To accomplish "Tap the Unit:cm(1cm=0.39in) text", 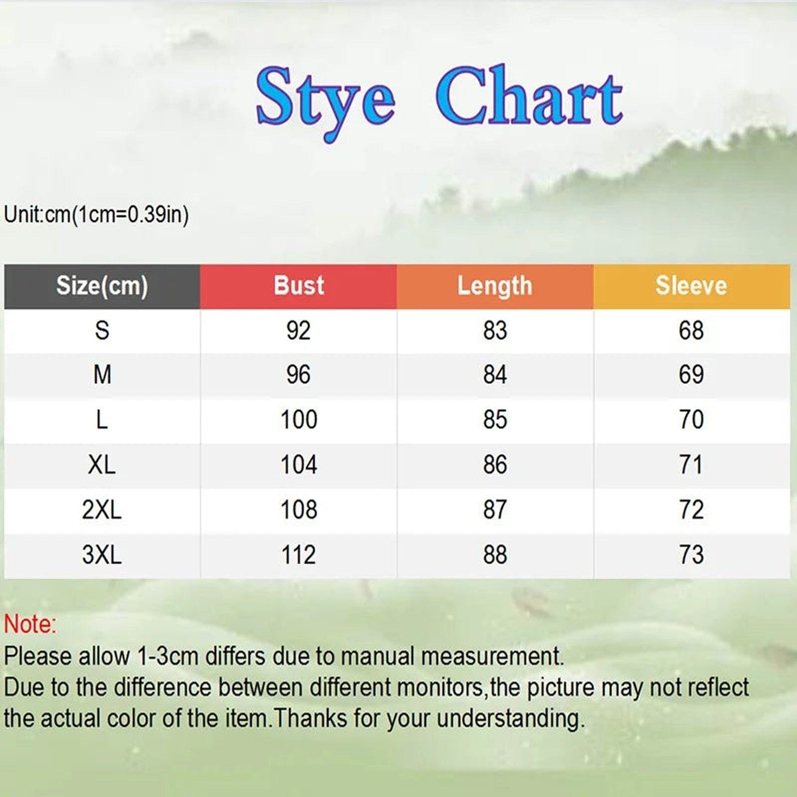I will [96, 215].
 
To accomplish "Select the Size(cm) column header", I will [102, 286].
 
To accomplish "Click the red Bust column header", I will [298, 286].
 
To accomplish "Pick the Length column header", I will [495, 286].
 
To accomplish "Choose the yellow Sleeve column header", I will [691, 286].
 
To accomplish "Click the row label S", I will [102, 330].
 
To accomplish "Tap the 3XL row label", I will [102, 554].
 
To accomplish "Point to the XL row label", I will [102, 465].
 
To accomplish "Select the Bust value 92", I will [298, 330].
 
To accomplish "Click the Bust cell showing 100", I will [298, 419].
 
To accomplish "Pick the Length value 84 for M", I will [495, 375].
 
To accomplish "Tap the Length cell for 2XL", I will [495, 510].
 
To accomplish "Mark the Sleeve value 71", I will [691, 465].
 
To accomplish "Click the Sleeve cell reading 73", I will [691, 554].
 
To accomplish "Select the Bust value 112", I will [298, 554].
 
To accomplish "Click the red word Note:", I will [30, 624].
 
